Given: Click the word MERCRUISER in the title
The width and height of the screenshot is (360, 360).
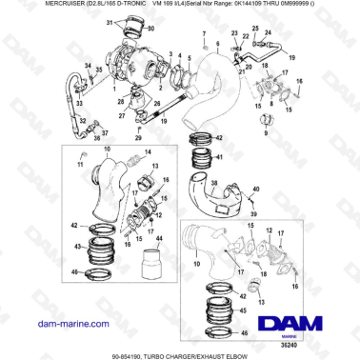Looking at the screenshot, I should (35, 6).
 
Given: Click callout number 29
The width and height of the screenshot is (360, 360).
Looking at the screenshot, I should (138, 138).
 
